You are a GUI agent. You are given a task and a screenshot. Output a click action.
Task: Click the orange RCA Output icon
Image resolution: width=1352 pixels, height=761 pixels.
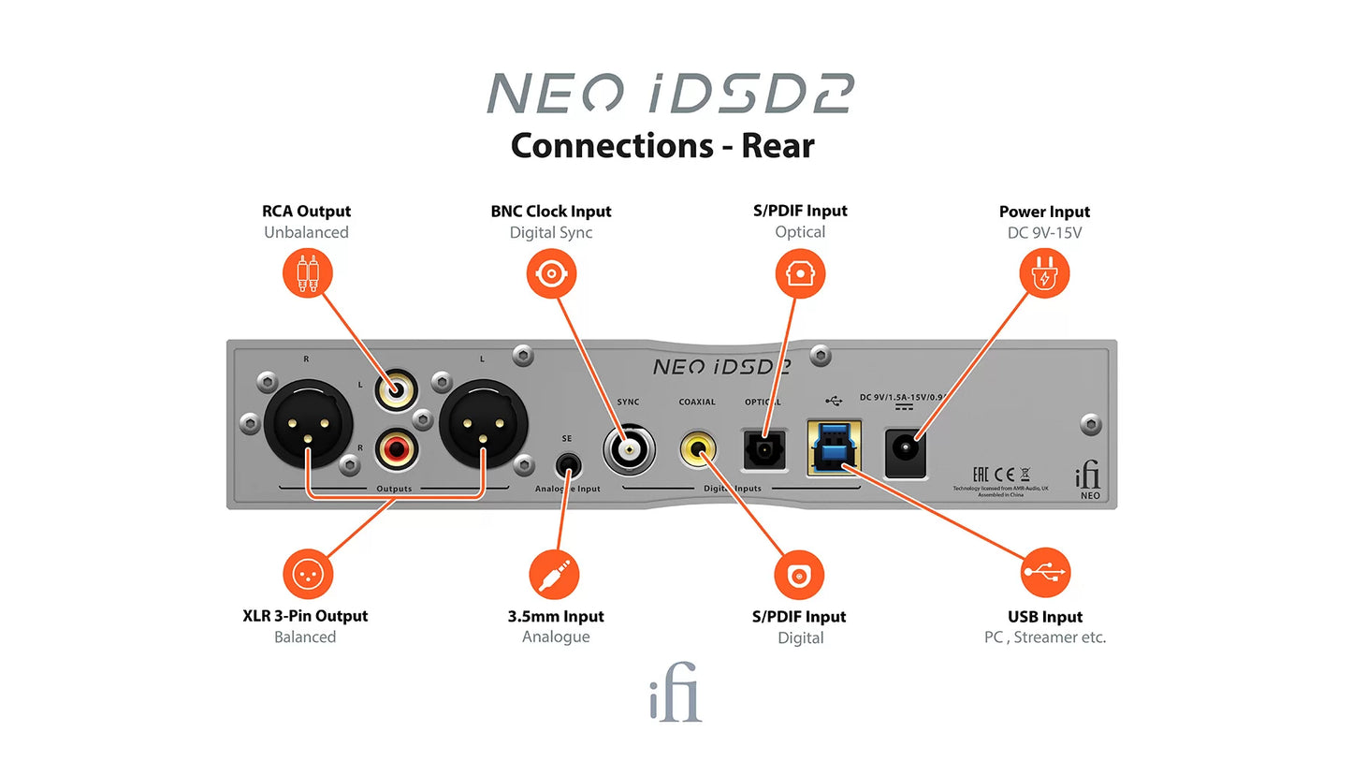pos(308,273)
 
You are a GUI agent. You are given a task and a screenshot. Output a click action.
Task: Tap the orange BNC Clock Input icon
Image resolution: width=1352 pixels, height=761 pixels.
pos(551,273)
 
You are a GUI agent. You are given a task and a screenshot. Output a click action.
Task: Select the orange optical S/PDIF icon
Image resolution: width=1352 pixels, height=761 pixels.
pos(800,273)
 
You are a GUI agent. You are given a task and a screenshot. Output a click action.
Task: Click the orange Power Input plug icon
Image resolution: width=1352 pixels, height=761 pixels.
pos(1044,274)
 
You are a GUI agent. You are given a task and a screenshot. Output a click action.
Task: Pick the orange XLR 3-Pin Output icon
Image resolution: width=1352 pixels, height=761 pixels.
pos(308,573)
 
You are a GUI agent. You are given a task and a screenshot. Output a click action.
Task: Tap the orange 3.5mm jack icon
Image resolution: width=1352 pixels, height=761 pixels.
pos(554,574)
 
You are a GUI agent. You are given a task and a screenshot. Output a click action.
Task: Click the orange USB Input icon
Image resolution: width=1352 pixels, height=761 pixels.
pos(1045,573)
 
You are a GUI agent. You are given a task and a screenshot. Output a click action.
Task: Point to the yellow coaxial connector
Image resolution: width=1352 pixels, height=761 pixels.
pos(697,447)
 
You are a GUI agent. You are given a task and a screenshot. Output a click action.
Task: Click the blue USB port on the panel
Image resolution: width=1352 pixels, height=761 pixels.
pos(834,446)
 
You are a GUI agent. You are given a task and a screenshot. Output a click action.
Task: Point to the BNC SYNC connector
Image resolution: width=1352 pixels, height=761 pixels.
pos(627,447)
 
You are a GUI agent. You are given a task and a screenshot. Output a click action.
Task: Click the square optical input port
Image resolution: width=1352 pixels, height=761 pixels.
pos(763,447)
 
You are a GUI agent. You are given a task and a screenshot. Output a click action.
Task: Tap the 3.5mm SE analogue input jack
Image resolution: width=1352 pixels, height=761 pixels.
pos(566,463)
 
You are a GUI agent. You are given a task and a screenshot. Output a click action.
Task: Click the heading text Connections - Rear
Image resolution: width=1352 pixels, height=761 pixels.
pos(662,146)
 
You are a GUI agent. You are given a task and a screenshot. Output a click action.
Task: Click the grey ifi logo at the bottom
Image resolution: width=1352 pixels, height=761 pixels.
pos(675,694)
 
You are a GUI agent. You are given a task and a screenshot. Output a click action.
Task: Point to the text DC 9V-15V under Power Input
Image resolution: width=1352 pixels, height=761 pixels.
pos(1043,232)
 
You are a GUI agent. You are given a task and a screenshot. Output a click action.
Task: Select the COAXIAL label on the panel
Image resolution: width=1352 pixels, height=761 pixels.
pos(697,402)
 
